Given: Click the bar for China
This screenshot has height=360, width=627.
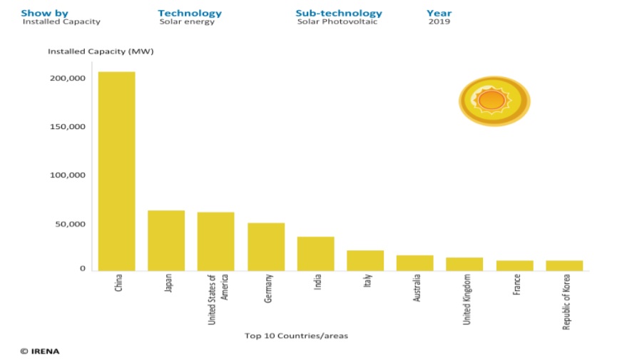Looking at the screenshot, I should point(116,171).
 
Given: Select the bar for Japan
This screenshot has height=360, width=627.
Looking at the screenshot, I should point(166,240).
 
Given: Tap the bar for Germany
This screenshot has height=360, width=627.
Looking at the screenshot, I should point(266,247).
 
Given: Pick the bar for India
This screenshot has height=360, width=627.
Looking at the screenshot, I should point(315,254).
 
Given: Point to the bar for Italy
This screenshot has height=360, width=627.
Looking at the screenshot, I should point(365,260).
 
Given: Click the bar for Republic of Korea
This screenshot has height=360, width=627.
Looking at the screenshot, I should point(564,265).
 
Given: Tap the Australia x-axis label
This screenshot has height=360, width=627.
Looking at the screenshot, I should point(417,288).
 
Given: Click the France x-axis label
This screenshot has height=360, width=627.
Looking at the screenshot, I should point(516,285).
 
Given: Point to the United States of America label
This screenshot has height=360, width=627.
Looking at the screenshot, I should point(216,299).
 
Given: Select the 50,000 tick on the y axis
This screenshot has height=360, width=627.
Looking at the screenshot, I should point(69,224).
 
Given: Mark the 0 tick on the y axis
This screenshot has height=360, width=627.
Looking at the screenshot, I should point(83,269).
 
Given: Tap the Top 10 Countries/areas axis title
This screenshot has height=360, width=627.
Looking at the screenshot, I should point(296,334).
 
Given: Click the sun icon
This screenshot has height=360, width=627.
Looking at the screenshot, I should point(493,101).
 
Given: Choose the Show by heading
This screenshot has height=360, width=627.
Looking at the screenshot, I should point(44,13).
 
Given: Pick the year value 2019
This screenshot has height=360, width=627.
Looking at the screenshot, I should point(439,21).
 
